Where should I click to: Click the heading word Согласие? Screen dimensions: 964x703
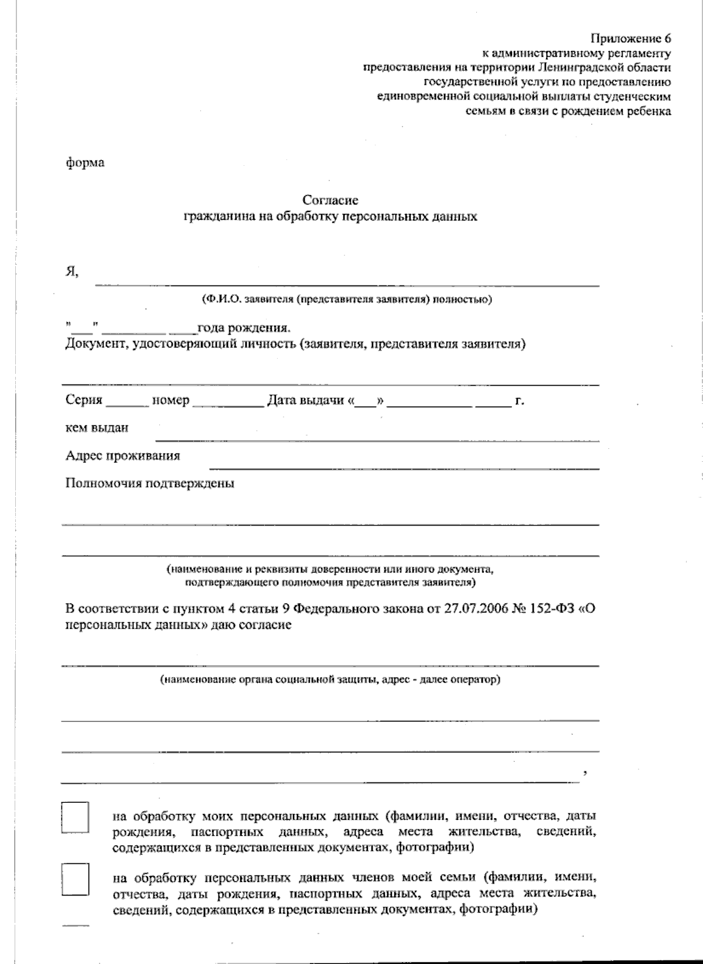coord(330,200)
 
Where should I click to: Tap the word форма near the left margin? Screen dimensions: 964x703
coord(84,162)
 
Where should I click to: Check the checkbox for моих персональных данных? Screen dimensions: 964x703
coord(75,817)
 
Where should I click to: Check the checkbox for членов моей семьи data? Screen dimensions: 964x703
coord(75,879)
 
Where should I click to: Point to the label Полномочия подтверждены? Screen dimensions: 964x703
coord(150,483)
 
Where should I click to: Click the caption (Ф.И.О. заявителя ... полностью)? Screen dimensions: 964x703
coord(346,299)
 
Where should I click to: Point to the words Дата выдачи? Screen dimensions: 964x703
coord(305,401)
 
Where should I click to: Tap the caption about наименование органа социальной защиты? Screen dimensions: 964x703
coord(330,680)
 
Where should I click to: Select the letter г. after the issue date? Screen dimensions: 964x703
coord(519,401)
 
